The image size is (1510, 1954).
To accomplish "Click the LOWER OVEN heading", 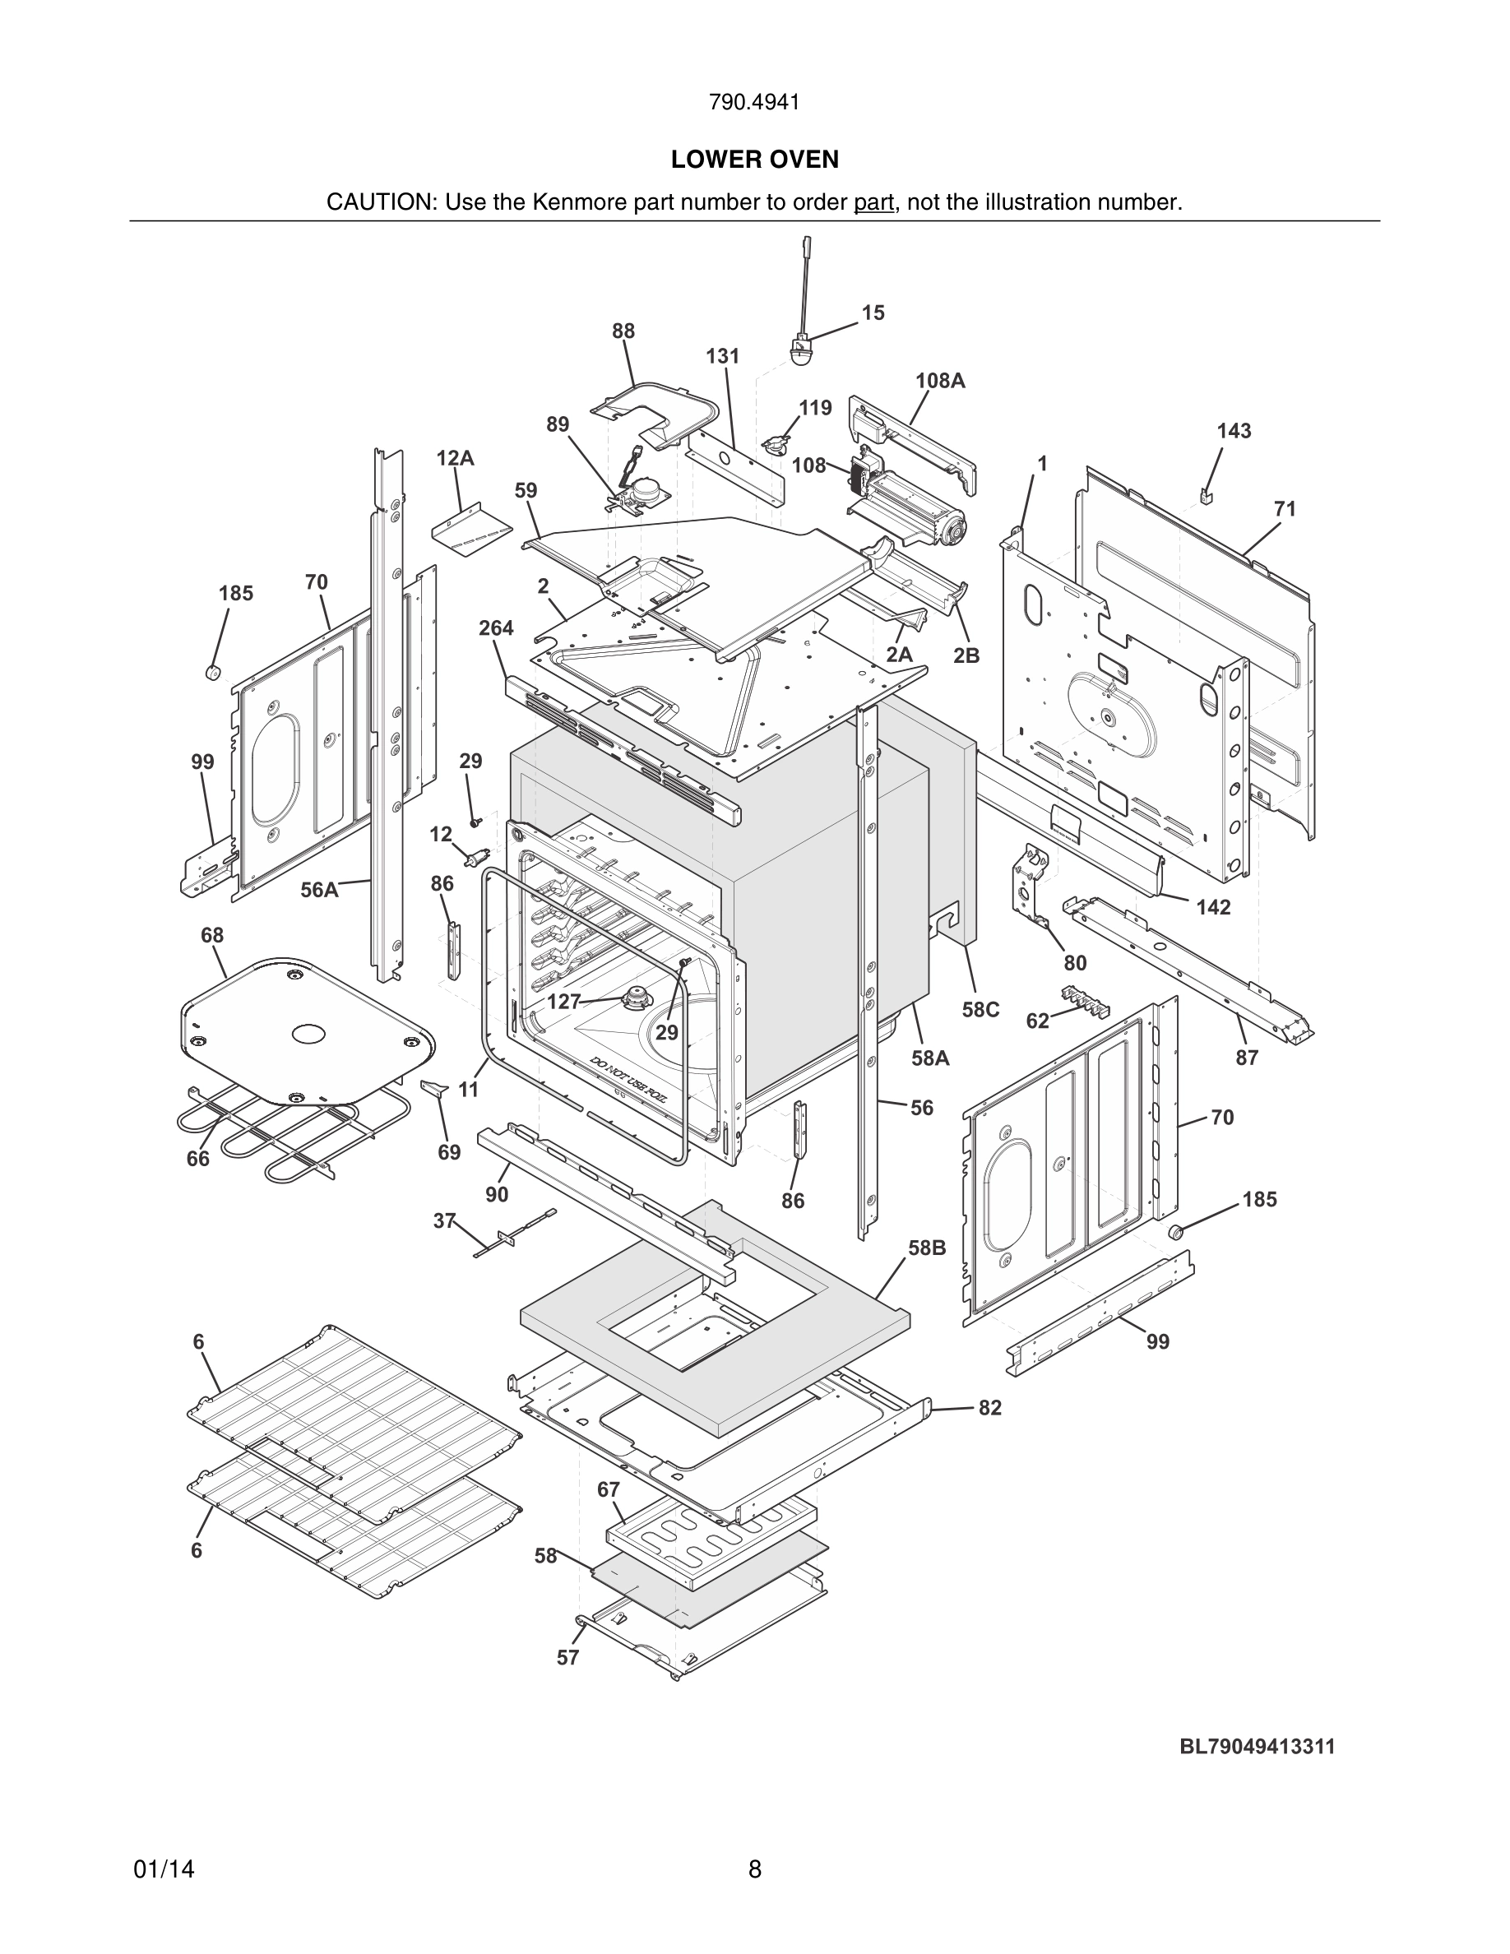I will pyautogui.click(x=754, y=160).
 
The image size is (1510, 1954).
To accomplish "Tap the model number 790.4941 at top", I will pyautogui.click(x=754, y=103).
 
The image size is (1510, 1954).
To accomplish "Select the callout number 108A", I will pyautogui.click(x=939, y=380).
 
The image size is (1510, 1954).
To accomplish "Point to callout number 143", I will pyautogui.click(x=1233, y=431).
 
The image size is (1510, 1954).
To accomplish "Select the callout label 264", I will pyautogui.click(x=496, y=628).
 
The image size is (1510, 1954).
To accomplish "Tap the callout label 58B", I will pyautogui.click(x=926, y=1248).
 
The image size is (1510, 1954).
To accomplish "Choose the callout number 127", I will pyautogui.click(x=563, y=1002).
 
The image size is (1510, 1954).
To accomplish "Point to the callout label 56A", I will pyautogui.click(x=318, y=889).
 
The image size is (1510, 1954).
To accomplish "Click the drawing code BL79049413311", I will pyautogui.click(x=1256, y=1747).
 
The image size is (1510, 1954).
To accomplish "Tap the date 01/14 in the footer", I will pyautogui.click(x=164, y=1869).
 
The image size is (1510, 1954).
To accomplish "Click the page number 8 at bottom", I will pyautogui.click(x=754, y=1869).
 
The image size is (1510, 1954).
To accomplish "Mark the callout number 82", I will pyautogui.click(x=989, y=1408).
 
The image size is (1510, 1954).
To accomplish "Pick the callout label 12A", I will pyautogui.click(x=455, y=459).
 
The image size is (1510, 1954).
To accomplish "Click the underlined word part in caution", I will pyautogui.click(x=873, y=203).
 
